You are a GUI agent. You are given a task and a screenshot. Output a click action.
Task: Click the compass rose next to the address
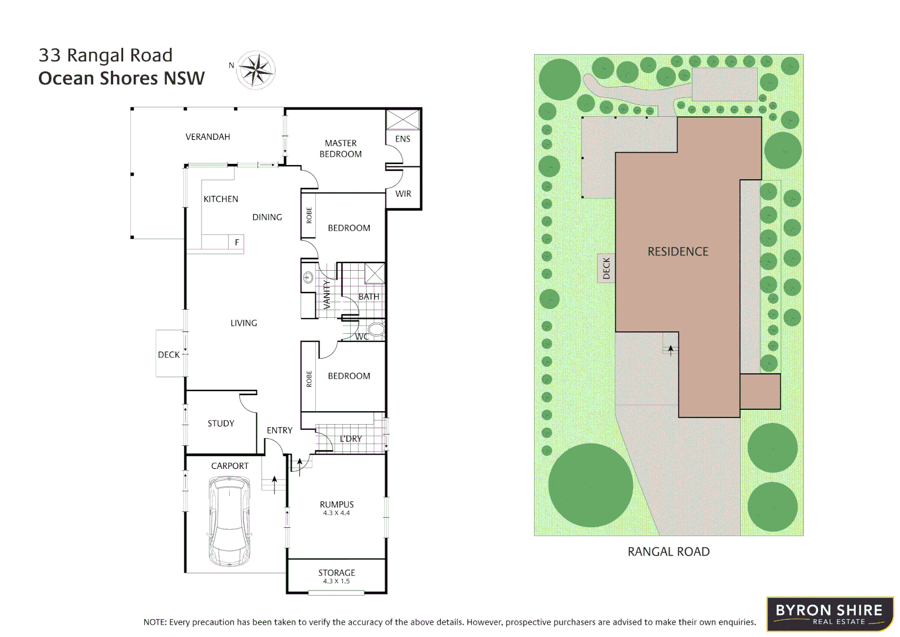coord(256,70)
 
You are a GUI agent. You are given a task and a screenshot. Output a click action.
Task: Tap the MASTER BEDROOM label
coord(341,149)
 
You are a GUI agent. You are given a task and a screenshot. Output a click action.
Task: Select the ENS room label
coord(403,139)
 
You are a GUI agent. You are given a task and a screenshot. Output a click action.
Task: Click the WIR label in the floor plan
coord(403,193)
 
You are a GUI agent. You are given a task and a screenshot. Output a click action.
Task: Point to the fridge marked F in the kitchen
coord(237,242)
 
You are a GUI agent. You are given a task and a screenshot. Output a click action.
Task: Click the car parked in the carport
coord(229,521)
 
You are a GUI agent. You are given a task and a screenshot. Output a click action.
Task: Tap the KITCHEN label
coord(221,199)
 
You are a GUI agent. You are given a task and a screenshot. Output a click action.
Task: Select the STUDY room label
coord(221,423)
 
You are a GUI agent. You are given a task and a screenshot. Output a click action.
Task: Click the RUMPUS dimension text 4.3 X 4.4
coord(337,513)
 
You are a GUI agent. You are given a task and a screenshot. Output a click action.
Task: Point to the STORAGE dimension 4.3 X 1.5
coord(337,582)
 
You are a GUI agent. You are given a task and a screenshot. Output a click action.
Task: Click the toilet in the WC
coord(376,329)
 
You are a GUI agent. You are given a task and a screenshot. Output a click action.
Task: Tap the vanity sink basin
coord(308,277)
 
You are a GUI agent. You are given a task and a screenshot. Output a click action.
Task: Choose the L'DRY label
coord(351,439)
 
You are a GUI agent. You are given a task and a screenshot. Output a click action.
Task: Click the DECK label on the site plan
coord(606,268)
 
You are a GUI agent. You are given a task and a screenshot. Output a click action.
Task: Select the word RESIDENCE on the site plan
coord(678,252)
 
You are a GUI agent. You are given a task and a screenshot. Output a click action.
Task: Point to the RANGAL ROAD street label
coord(668,552)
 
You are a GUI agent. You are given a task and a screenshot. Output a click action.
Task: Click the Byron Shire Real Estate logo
coord(829,614)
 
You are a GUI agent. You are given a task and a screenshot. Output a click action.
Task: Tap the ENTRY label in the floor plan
coord(279,431)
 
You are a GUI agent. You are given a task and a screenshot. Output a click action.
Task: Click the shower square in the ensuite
coord(403,120)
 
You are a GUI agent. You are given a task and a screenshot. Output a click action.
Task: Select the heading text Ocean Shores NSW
coord(121,78)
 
